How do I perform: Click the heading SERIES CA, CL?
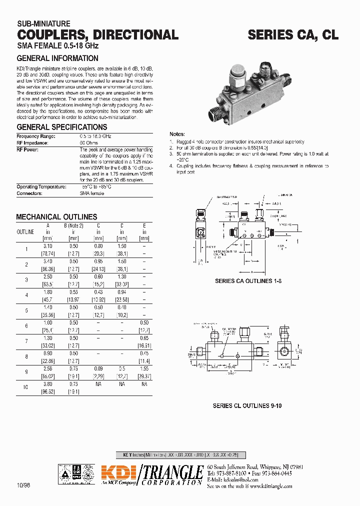pos(293,34)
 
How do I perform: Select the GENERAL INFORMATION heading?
pos(57,58)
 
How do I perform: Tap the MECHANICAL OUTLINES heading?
pos(56,217)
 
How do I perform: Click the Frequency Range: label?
pos(36,136)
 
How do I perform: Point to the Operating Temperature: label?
pos(41,186)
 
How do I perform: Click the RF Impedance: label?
pos(33,142)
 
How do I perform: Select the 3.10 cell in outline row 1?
pos(48,246)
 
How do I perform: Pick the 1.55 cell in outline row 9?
pos(144,370)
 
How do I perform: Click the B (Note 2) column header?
pos(73,225)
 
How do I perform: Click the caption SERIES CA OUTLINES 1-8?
pos(248,281)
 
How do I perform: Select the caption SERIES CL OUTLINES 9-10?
pos(247,406)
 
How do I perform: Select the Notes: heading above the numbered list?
pos(177,134)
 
